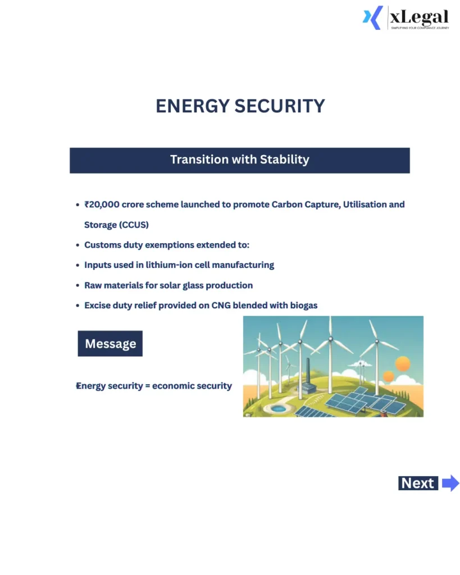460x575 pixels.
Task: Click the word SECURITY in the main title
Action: [x=280, y=106]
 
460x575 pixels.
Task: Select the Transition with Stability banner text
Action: [x=240, y=159]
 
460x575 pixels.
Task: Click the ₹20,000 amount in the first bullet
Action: [x=102, y=204]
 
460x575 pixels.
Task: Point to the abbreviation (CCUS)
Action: [x=133, y=225]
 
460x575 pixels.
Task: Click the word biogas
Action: [x=303, y=305]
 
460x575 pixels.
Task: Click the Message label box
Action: [x=110, y=344]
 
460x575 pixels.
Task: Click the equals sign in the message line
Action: [x=146, y=386]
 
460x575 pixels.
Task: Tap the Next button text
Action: [x=417, y=483]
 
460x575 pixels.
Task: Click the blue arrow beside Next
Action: [x=450, y=483]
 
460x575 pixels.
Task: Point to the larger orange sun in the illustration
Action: [x=403, y=364]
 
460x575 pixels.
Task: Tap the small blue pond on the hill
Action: [x=277, y=408]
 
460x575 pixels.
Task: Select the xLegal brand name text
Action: [x=419, y=17]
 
